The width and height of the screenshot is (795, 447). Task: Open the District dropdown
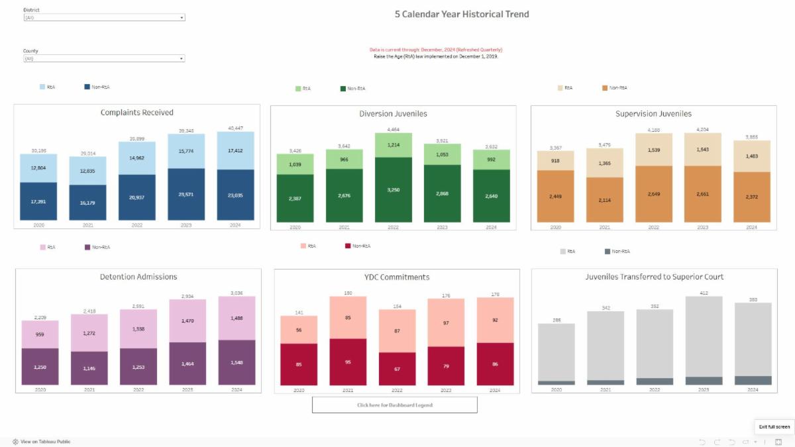pyautogui.click(x=104, y=18)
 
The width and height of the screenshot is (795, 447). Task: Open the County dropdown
pyautogui.click(x=104, y=58)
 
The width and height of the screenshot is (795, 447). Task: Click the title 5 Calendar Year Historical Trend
pyautogui.click(x=462, y=14)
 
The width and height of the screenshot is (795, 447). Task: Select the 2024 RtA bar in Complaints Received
pyautogui.click(x=236, y=150)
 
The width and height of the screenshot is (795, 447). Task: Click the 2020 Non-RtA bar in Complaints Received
pyautogui.click(x=38, y=201)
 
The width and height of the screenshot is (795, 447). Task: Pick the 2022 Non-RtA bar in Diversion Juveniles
pyautogui.click(x=394, y=189)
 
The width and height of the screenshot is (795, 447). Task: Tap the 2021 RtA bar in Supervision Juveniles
pyautogui.click(x=605, y=163)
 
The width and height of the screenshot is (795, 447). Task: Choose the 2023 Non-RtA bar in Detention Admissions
pyautogui.click(x=187, y=363)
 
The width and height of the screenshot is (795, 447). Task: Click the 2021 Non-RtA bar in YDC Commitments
pyautogui.click(x=348, y=362)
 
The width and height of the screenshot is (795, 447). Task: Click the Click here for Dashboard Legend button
pyautogui.click(x=394, y=405)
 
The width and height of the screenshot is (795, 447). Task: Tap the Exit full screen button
pyautogui.click(x=774, y=426)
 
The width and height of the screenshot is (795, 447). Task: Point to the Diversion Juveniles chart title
pyautogui.click(x=393, y=113)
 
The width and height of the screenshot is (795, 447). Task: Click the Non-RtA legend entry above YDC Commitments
pyautogui.click(x=357, y=246)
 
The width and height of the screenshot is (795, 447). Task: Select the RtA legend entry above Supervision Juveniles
pyautogui.click(x=566, y=87)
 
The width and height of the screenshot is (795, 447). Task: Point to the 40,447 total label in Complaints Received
pyautogui.click(x=235, y=128)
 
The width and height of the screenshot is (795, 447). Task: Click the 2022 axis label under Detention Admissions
pyautogui.click(x=138, y=389)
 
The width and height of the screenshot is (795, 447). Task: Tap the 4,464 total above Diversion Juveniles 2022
pyautogui.click(x=394, y=130)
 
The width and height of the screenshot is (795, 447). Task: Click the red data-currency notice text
pyautogui.click(x=435, y=50)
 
